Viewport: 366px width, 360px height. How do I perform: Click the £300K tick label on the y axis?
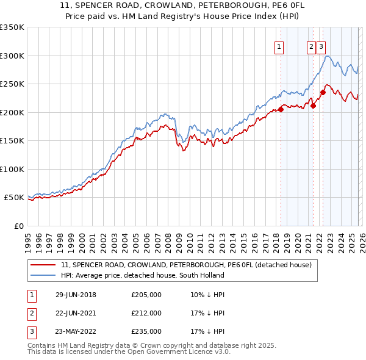[12, 56]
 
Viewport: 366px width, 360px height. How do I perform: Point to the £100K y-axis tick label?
[12, 169]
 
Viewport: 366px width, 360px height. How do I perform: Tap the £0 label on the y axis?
[18, 226]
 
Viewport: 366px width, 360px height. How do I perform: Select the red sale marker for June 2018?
[281, 110]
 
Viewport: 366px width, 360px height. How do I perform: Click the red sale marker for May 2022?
[323, 93]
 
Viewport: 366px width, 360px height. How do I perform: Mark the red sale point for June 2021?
[313, 106]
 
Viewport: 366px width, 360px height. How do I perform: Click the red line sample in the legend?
[44, 265]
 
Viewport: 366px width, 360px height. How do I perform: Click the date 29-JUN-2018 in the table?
[76, 295]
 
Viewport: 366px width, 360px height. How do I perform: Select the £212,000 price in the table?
[146, 313]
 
